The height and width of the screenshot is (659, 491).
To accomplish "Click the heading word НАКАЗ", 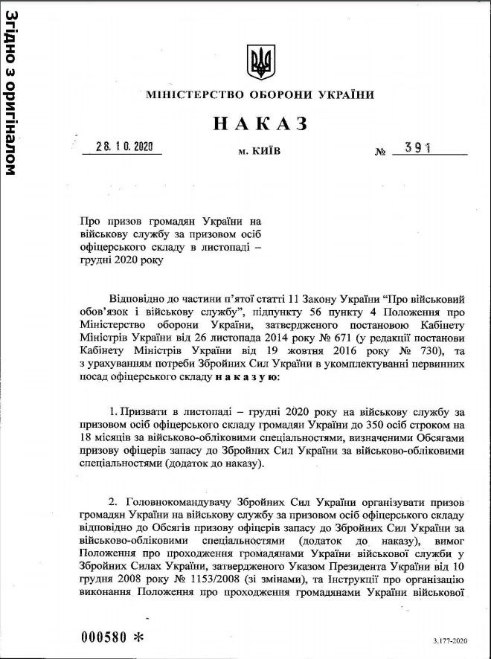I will click(x=260, y=123).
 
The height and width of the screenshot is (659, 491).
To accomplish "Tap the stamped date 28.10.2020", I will click(x=124, y=147).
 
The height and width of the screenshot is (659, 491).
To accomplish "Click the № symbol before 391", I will click(x=381, y=152).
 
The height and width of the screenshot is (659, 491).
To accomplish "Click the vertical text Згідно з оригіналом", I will click(x=11, y=92).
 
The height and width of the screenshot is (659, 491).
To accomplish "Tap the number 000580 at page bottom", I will click(x=103, y=638).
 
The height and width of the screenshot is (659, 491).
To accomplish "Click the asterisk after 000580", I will click(x=138, y=638).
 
